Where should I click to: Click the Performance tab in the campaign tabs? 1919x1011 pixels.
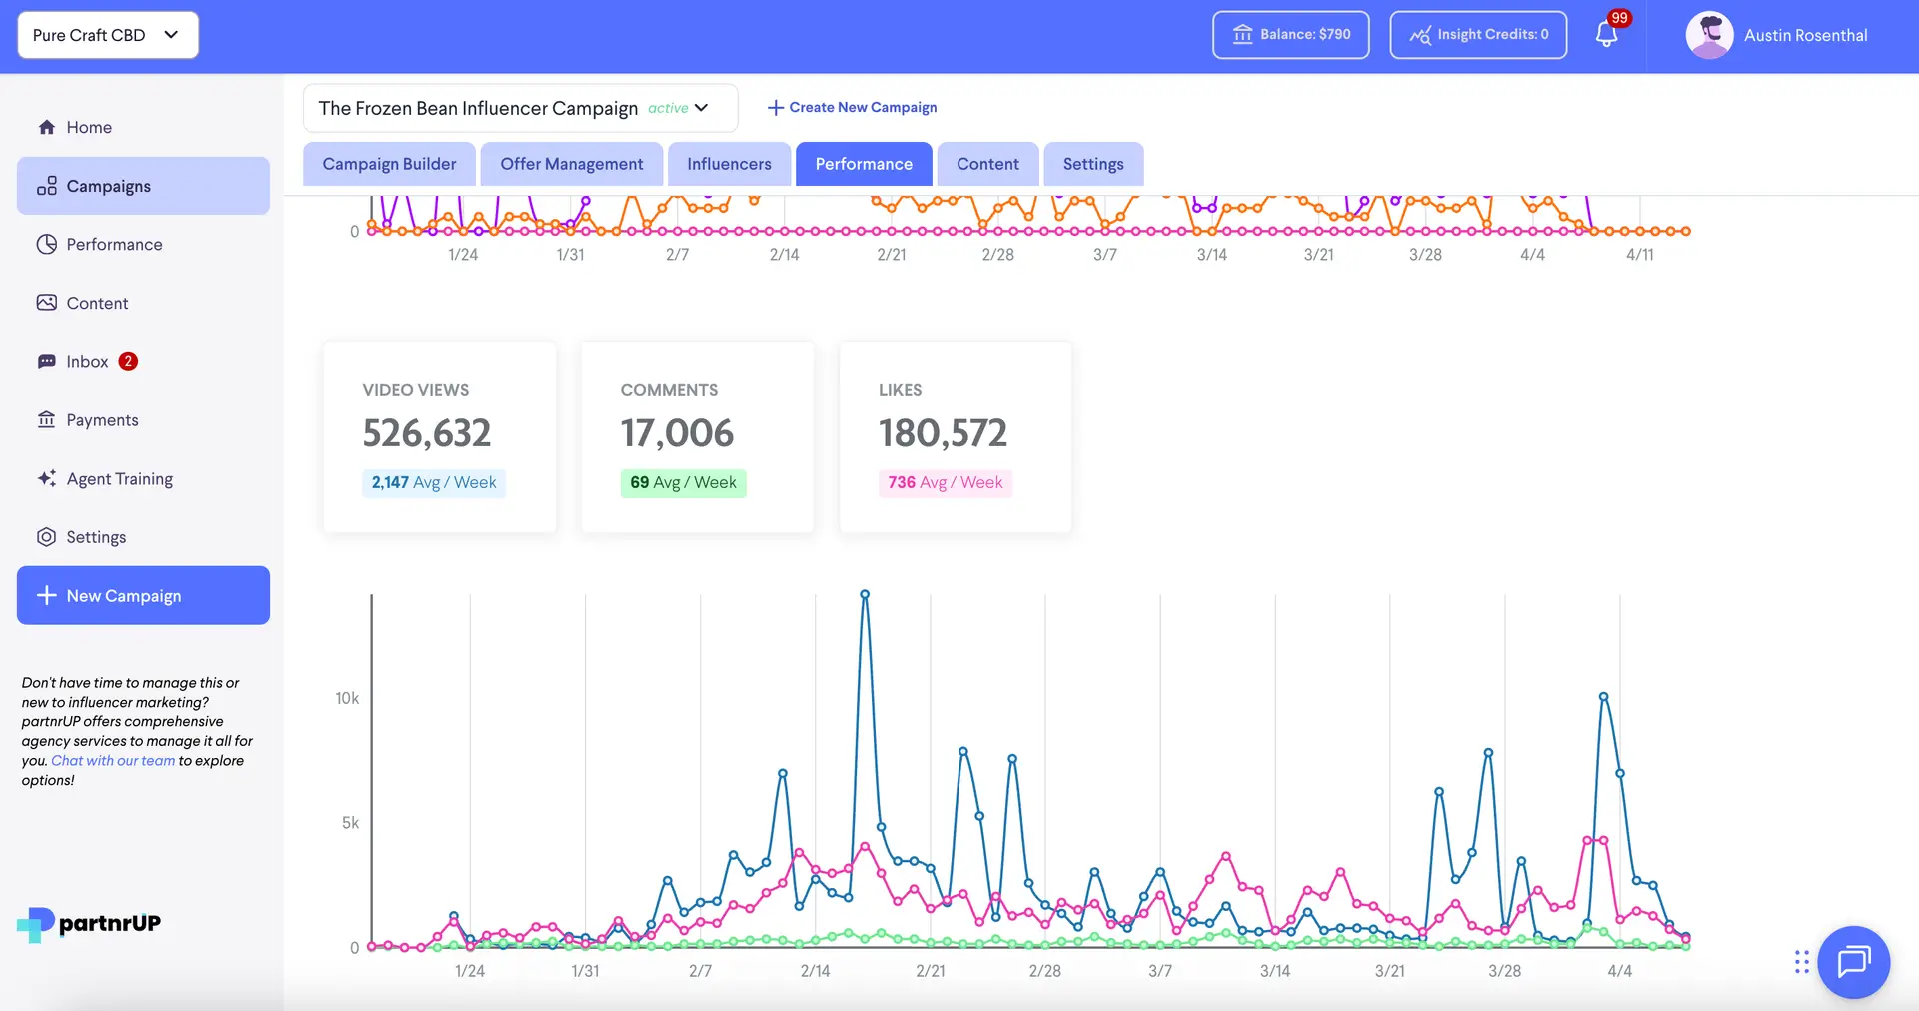[x=864, y=164]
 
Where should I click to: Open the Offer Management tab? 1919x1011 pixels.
[x=571, y=164]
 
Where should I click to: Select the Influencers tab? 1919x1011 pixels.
[x=729, y=164]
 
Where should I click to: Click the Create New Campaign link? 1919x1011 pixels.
[x=852, y=107]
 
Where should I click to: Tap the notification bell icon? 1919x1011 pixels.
[x=1606, y=35]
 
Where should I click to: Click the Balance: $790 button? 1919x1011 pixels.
[x=1290, y=35]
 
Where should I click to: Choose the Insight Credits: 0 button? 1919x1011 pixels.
[x=1478, y=35]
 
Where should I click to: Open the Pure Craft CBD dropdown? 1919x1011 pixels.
[x=107, y=35]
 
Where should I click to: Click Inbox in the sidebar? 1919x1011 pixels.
[x=87, y=362]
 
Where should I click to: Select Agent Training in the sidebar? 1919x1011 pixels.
[x=119, y=479]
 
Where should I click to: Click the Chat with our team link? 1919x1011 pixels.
[x=113, y=761]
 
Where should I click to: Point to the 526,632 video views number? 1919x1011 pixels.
[x=426, y=433]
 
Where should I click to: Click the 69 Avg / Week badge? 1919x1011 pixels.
[x=683, y=483]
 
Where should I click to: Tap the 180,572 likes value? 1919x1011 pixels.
[x=943, y=433]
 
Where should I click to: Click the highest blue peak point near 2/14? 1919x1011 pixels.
[x=865, y=594]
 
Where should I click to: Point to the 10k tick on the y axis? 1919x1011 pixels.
[x=347, y=698]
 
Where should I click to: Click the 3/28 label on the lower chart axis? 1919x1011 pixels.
[x=1504, y=971]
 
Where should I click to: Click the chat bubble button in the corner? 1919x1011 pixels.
[x=1853, y=962]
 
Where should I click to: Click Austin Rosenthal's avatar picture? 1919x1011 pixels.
[x=1709, y=35]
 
